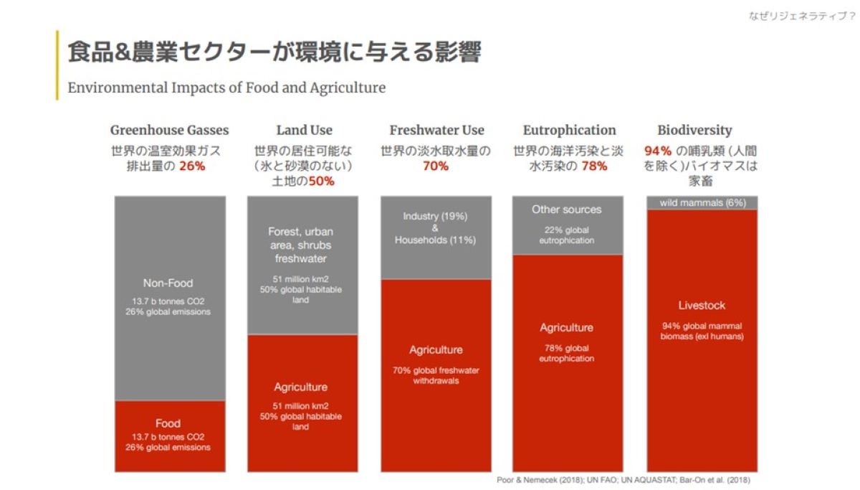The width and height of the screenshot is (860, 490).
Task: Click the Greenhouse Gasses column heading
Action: (x=169, y=130)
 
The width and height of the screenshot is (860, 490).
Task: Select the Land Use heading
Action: (x=304, y=130)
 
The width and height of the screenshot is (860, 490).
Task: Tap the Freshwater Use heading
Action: (x=436, y=130)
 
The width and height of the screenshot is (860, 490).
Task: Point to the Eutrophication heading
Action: (x=569, y=130)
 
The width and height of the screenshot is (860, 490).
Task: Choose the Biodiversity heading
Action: (x=694, y=130)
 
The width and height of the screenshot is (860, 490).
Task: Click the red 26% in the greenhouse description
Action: (x=192, y=166)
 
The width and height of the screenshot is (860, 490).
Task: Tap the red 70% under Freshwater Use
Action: (x=436, y=166)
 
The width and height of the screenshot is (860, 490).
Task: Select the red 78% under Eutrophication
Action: (x=594, y=166)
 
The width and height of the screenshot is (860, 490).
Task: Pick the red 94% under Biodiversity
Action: (x=657, y=151)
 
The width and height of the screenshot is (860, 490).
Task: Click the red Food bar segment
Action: (x=169, y=435)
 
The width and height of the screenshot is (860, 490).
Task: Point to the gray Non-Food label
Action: (x=168, y=283)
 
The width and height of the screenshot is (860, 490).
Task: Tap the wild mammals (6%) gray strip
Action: (x=702, y=203)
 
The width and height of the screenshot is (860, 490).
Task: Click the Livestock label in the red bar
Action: (x=702, y=306)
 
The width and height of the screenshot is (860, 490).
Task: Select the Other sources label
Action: (x=566, y=209)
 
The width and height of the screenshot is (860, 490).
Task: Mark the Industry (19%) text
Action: (x=435, y=216)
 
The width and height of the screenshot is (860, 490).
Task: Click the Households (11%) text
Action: (x=435, y=240)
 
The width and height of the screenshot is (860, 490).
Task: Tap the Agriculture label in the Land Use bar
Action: (x=300, y=387)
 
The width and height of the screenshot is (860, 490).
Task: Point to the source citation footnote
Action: (x=623, y=480)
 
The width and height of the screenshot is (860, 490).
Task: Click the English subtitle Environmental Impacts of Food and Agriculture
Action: (x=226, y=88)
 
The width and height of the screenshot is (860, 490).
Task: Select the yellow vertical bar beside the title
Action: (x=57, y=65)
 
